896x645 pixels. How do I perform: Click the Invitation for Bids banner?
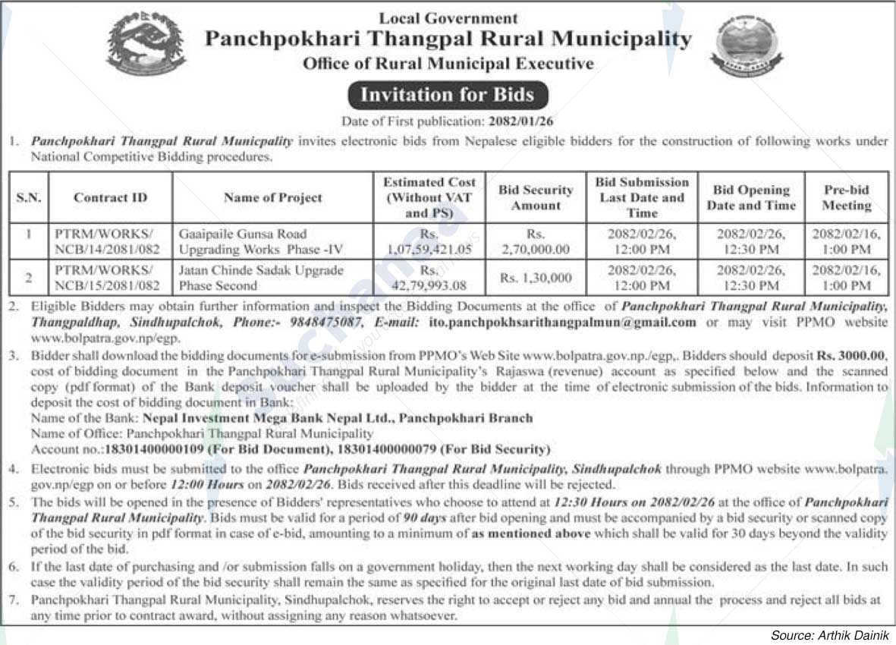point(447,96)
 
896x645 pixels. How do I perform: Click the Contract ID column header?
point(110,197)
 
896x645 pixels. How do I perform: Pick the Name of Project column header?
point(273,197)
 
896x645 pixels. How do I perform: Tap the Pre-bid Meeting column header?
point(846,197)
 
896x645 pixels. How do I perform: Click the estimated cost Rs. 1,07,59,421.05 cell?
point(429,241)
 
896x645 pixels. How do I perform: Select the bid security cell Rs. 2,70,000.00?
point(536,241)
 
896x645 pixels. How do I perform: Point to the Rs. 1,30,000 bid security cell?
point(536,278)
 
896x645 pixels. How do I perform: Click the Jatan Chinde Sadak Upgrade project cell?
point(261,278)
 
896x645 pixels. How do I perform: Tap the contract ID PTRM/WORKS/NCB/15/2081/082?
point(108,278)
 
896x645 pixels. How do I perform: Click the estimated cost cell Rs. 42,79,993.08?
point(429,278)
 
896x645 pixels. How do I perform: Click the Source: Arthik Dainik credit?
point(829,634)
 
